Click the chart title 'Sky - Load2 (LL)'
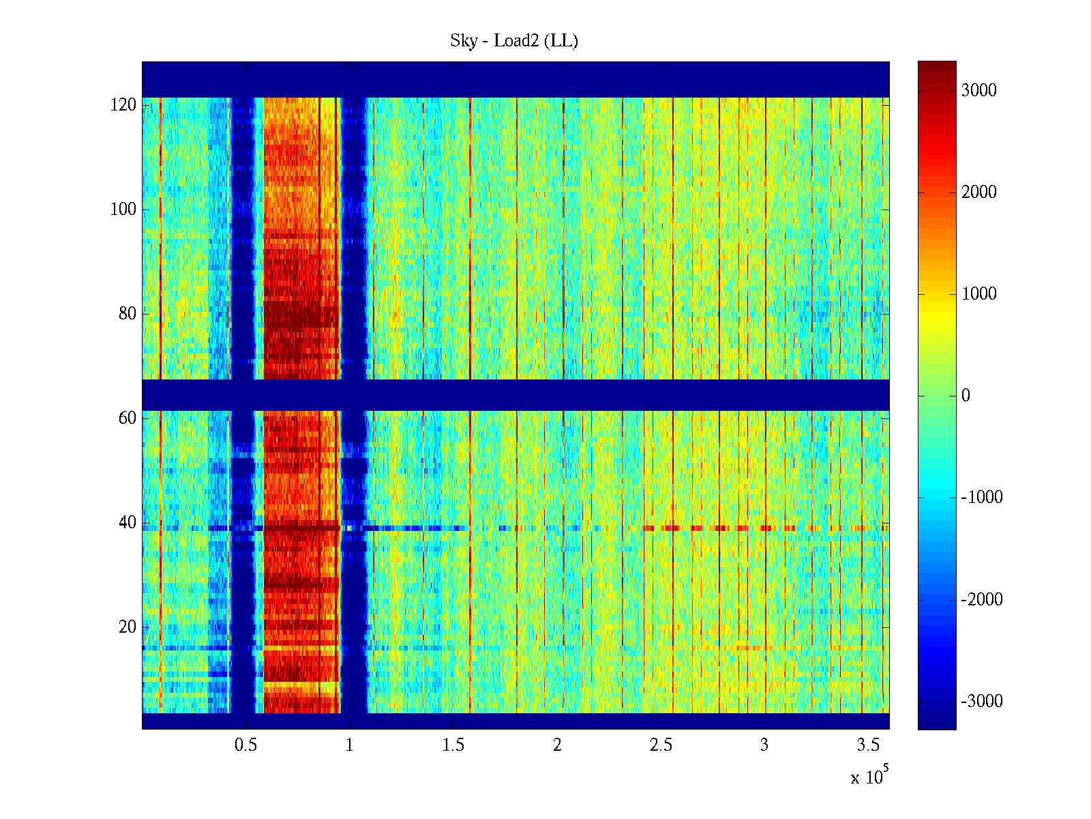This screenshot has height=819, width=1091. pyautogui.click(x=514, y=41)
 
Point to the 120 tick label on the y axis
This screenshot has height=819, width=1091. pyautogui.click(x=123, y=105)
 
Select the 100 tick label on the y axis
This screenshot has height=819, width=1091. pyautogui.click(x=123, y=210)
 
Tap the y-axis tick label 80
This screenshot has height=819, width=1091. pyautogui.click(x=128, y=314)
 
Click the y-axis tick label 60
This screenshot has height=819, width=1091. pyautogui.click(x=128, y=418)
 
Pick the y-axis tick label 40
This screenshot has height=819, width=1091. pyautogui.click(x=128, y=523)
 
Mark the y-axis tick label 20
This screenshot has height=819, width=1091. pyautogui.click(x=128, y=627)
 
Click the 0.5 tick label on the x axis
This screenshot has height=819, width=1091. pyautogui.click(x=246, y=745)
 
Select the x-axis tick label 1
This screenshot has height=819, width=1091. pyautogui.click(x=349, y=745)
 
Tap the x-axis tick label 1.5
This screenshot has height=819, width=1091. pyautogui.click(x=453, y=745)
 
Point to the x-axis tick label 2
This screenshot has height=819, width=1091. pyautogui.click(x=557, y=745)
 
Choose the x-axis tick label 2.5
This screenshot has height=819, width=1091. pyautogui.click(x=661, y=745)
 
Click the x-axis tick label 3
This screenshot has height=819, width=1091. pyautogui.click(x=764, y=745)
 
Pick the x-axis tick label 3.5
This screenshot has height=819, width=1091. pyautogui.click(x=868, y=745)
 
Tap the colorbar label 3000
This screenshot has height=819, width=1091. pyautogui.click(x=979, y=91)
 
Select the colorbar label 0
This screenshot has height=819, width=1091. pyautogui.click(x=966, y=396)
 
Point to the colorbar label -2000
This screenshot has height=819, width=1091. pyautogui.click(x=982, y=600)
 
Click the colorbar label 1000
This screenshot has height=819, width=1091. pyautogui.click(x=979, y=294)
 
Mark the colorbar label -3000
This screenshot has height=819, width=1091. pyautogui.click(x=982, y=702)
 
